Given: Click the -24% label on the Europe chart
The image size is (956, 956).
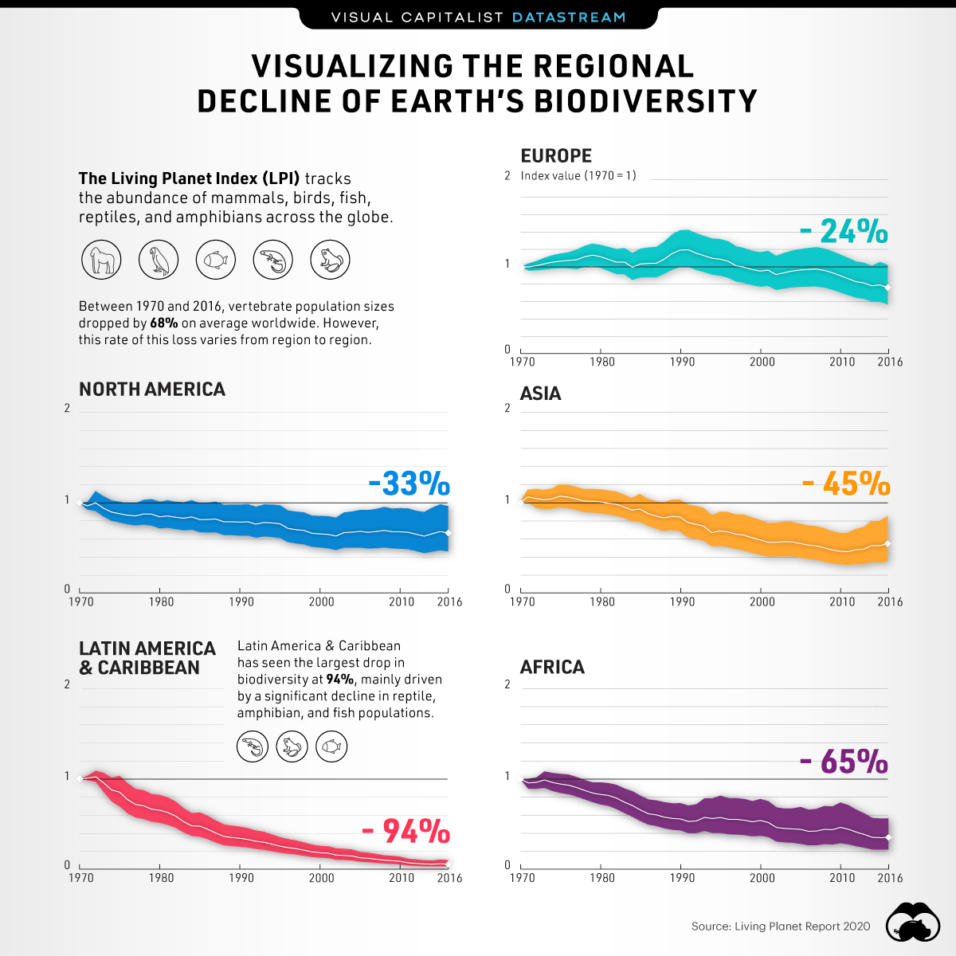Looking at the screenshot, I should pos(844,232).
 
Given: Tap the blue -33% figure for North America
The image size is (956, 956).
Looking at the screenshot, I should pos(409,484).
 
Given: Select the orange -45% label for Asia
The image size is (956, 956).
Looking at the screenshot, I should pos(846,484).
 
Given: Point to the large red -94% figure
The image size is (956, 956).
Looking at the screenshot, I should pos(406,832).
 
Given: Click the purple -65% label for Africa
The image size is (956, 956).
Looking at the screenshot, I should pos(844,762).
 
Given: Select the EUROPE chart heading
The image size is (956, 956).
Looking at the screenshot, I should pos(556,156).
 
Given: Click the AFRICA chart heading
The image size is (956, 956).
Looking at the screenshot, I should pos(552,668).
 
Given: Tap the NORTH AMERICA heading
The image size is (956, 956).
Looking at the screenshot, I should pos(152,390).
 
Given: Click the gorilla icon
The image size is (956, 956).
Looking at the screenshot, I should pos(101,260).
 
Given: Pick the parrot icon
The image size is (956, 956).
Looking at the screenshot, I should pos(159,260).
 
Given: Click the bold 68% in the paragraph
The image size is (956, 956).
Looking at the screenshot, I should pos(163,323).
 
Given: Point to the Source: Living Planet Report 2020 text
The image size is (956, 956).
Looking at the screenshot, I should pos(781,927).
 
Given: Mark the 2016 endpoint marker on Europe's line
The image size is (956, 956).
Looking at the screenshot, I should pos(887,288).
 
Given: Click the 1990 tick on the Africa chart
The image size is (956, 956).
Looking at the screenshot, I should pos(682,878).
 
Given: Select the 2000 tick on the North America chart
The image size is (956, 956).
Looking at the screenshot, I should pos(321,602).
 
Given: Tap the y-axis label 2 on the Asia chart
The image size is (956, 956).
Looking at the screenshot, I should pos(507,409).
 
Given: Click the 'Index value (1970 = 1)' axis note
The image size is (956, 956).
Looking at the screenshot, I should pos(578,176).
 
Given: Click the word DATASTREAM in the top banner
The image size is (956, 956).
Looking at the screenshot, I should pos(568,17).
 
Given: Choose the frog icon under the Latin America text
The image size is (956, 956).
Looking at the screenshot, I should pos(292,747).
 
